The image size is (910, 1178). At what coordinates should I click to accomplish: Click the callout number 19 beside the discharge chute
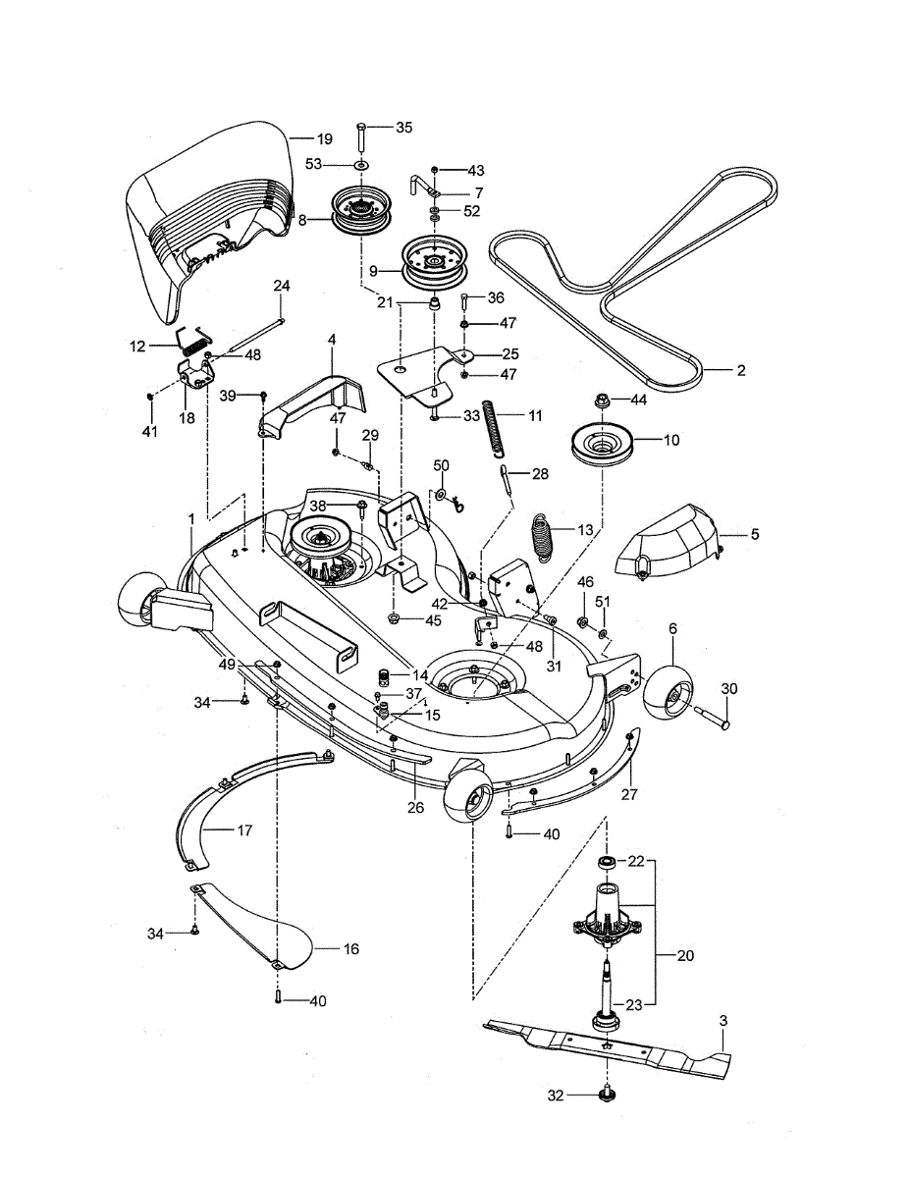tap(324, 139)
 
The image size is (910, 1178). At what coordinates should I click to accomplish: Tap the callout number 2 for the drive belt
tap(740, 371)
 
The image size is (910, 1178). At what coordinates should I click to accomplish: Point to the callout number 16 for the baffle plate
tap(351, 949)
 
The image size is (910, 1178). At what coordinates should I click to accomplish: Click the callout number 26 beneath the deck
tap(416, 808)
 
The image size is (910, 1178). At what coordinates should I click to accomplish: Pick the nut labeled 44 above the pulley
tap(603, 401)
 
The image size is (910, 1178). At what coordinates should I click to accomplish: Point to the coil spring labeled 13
tap(544, 538)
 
